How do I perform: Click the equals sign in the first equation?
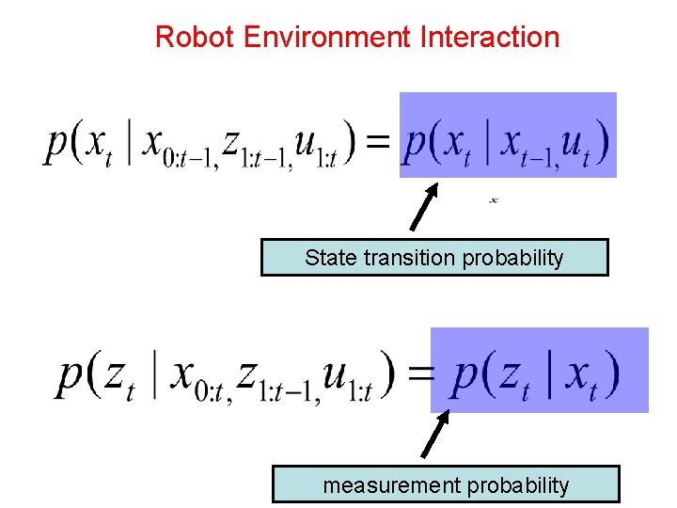click(377, 142)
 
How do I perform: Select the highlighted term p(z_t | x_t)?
click(537, 373)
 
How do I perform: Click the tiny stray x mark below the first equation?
click(494, 199)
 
